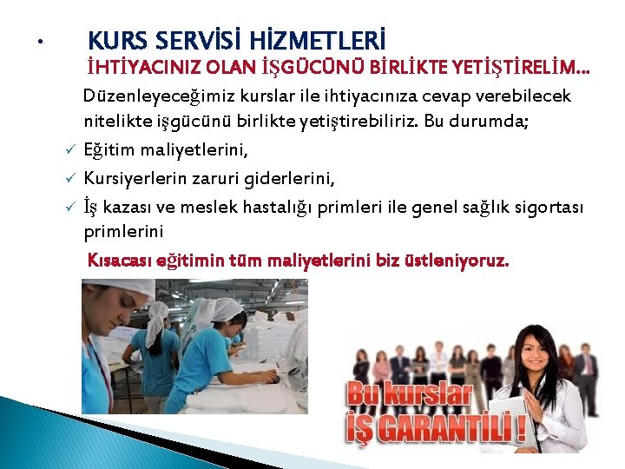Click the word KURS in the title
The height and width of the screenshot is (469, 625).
(x=118, y=41)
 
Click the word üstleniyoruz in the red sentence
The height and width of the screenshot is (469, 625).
(x=463, y=261)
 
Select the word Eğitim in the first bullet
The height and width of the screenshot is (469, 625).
(x=107, y=151)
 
